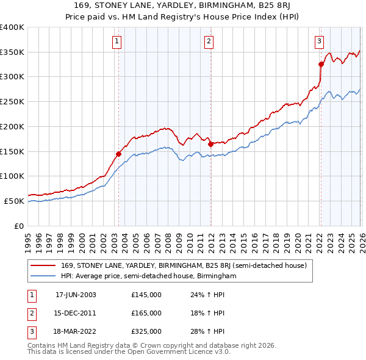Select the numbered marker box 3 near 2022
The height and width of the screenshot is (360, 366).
319,41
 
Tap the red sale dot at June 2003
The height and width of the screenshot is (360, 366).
118,154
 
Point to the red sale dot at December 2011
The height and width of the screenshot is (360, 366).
210,144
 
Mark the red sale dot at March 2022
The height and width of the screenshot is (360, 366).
321,64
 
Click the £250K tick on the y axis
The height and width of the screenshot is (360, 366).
12,102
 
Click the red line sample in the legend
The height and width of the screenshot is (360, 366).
43,265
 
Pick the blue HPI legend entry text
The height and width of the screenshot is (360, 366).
148,276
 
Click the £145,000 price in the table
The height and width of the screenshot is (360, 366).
146,295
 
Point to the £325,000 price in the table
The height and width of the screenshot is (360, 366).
146,331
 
